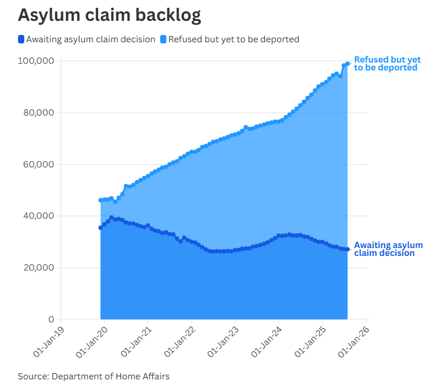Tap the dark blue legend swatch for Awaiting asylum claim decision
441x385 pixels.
[21, 39]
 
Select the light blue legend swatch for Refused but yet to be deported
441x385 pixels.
[164, 39]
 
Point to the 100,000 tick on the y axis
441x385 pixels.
[36, 61]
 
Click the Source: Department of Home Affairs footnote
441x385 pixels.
[94, 376]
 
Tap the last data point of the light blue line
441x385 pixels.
[347, 64]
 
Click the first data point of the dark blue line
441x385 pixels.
[100, 228]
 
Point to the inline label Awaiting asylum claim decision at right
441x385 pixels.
[388, 249]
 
